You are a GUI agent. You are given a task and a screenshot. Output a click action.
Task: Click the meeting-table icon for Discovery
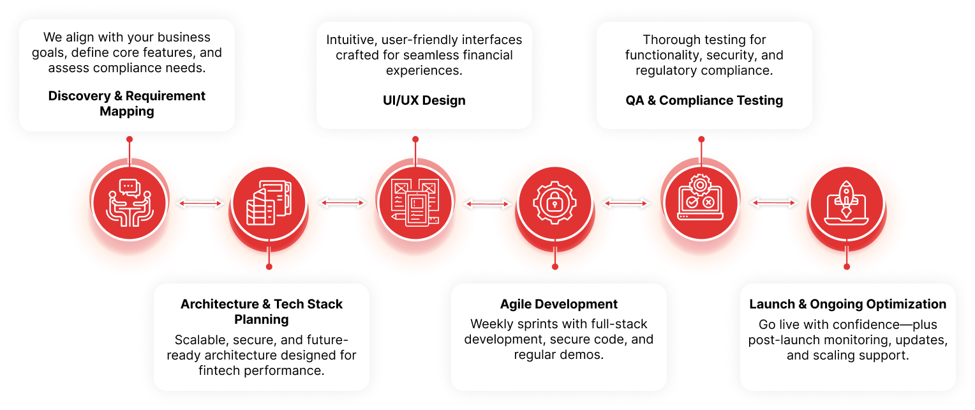130,202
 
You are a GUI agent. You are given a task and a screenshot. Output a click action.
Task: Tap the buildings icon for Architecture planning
269,202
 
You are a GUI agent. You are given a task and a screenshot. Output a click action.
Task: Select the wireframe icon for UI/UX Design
415,202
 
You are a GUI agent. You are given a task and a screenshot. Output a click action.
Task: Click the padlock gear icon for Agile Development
554,202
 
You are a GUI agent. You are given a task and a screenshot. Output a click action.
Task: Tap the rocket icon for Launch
847,202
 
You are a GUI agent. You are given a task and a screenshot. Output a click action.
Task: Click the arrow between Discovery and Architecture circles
200,203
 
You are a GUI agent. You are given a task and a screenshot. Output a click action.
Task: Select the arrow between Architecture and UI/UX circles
342,202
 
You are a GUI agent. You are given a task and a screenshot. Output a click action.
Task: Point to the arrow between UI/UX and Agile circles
487,204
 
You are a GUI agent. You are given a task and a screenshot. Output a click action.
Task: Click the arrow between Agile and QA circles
627,203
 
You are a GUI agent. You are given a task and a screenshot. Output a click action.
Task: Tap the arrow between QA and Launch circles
775,202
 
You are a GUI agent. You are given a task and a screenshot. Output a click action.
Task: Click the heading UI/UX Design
424,100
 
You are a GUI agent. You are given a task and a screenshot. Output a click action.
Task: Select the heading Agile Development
558,304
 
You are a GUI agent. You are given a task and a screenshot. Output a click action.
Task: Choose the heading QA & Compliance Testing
704,100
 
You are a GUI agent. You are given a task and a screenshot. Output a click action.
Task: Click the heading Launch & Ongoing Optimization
847,304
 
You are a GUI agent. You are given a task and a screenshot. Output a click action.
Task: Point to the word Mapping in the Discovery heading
127,112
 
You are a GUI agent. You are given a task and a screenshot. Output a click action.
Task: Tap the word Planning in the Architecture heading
261,320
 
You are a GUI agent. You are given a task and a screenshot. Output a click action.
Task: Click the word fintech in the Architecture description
219,370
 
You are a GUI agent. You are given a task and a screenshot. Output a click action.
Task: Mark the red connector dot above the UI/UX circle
415,139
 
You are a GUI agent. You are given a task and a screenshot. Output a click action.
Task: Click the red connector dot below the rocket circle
847,267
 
